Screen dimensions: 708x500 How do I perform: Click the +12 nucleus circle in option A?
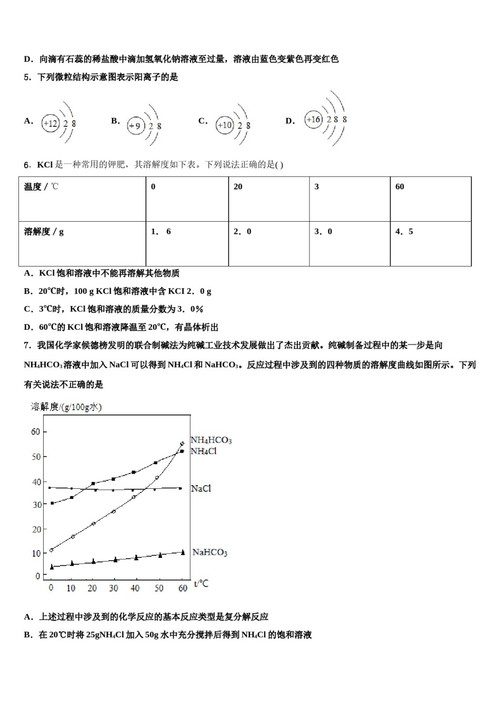tap(51, 124)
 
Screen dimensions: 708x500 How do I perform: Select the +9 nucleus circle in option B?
tap(135, 126)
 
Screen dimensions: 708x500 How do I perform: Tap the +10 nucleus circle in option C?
tap(224, 125)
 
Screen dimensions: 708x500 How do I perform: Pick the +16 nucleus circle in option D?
tap(313, 120)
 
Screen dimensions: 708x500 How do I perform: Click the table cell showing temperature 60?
tap(431, 199)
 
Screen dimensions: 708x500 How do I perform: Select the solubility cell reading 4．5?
tap(431, 243)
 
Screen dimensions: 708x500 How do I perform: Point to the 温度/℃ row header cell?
tap(82, 199)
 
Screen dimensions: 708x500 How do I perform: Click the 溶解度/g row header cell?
tap(82, 243)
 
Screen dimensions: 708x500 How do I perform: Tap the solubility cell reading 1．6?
tap(187, 243)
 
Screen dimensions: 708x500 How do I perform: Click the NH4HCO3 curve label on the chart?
tap(211, 440)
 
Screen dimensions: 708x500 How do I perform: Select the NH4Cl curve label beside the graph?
tap(204, 451)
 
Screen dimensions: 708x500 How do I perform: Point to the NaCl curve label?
tap(201, 489)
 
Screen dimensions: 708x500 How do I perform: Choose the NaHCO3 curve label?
tap(210, 552)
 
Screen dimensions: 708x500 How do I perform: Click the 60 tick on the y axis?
tap(36, 431)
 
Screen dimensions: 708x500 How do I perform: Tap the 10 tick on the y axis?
tap(36, 553)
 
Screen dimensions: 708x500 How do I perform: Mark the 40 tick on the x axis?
tap(135, 588)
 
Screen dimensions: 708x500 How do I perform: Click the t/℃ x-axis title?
tap(201, 584)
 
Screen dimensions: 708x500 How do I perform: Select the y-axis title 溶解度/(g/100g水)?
tap(66, 407)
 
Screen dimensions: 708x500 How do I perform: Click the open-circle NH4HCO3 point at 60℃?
tap(182, 444)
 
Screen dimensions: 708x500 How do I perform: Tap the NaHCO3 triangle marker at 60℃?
tap(183, 552)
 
